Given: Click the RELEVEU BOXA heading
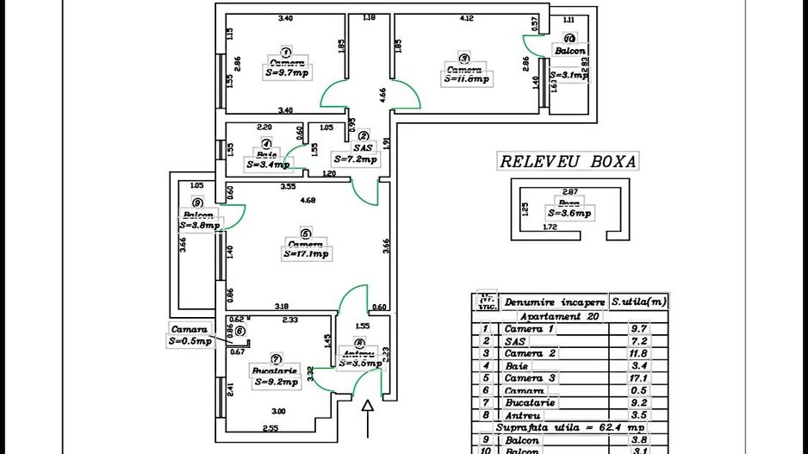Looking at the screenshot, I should point(569,161).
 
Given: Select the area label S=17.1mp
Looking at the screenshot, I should point(306,254).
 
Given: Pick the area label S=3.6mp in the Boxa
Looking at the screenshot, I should point(569,213).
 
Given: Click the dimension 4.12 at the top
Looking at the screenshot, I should point(468,17).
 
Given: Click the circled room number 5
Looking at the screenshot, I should point(305,233).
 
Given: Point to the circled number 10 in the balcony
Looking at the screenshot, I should point(569,39).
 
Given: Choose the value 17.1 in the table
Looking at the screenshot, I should point(638,378).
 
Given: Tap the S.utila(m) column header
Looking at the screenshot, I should point(639,302).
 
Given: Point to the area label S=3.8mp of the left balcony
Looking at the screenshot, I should point(199,226).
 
